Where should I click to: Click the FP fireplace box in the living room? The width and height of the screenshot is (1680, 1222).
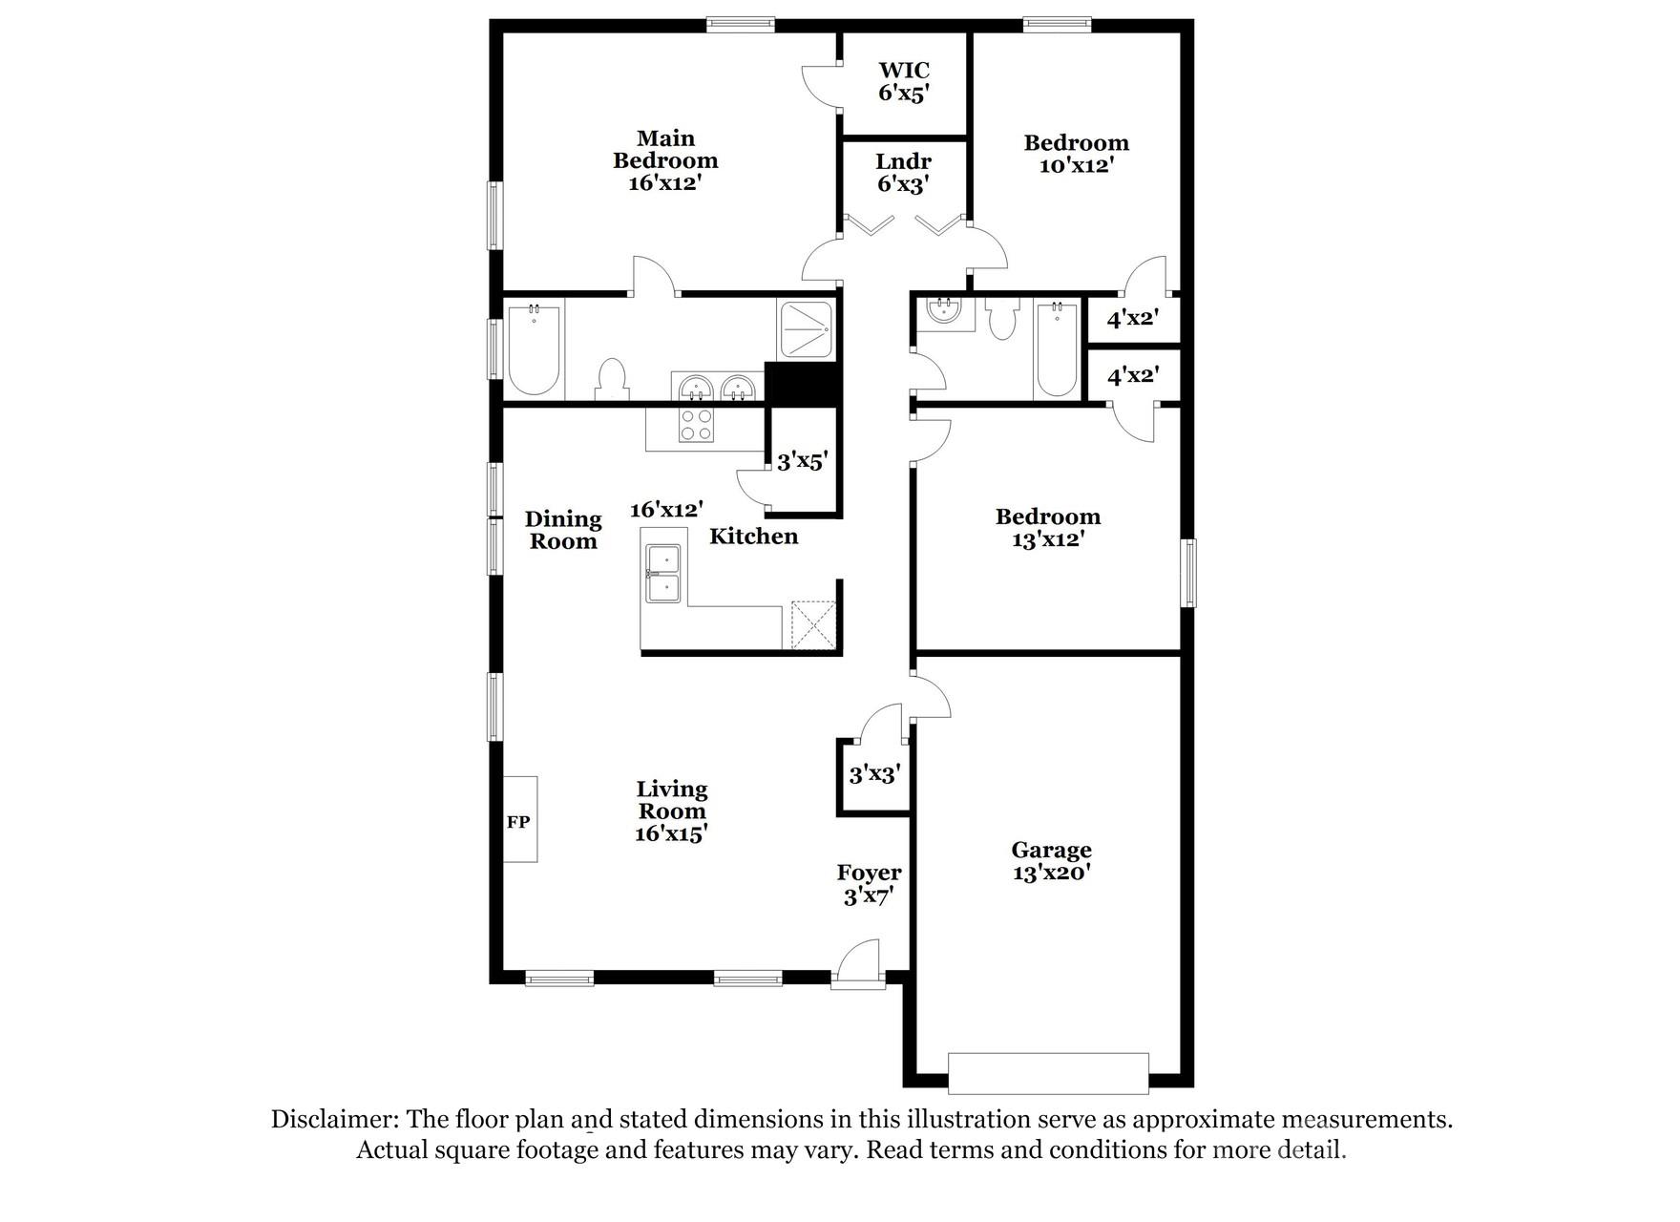[519, 819]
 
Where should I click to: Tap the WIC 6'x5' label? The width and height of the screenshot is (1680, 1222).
[903, 82]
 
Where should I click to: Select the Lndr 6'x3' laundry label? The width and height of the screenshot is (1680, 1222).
[903, 173]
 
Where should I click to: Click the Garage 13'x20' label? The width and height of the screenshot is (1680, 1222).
[1051, 861]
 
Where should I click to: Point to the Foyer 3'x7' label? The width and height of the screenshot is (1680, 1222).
[869, 884]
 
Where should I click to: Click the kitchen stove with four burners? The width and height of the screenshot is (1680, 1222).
[695, 425]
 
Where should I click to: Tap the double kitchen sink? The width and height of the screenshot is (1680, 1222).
[662, 574]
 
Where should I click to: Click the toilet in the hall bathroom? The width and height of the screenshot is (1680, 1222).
[1001, 320]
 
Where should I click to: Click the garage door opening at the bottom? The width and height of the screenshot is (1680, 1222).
[1048, 1073]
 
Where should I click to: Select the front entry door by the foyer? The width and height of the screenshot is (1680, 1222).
[857, 966]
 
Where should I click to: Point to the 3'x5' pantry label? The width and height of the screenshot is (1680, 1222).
[801, 462]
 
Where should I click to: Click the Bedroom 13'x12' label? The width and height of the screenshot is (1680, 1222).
[1047, 528]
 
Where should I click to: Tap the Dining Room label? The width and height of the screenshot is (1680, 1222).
[563, 530]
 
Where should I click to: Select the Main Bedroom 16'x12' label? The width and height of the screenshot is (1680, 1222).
[665, 160]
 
